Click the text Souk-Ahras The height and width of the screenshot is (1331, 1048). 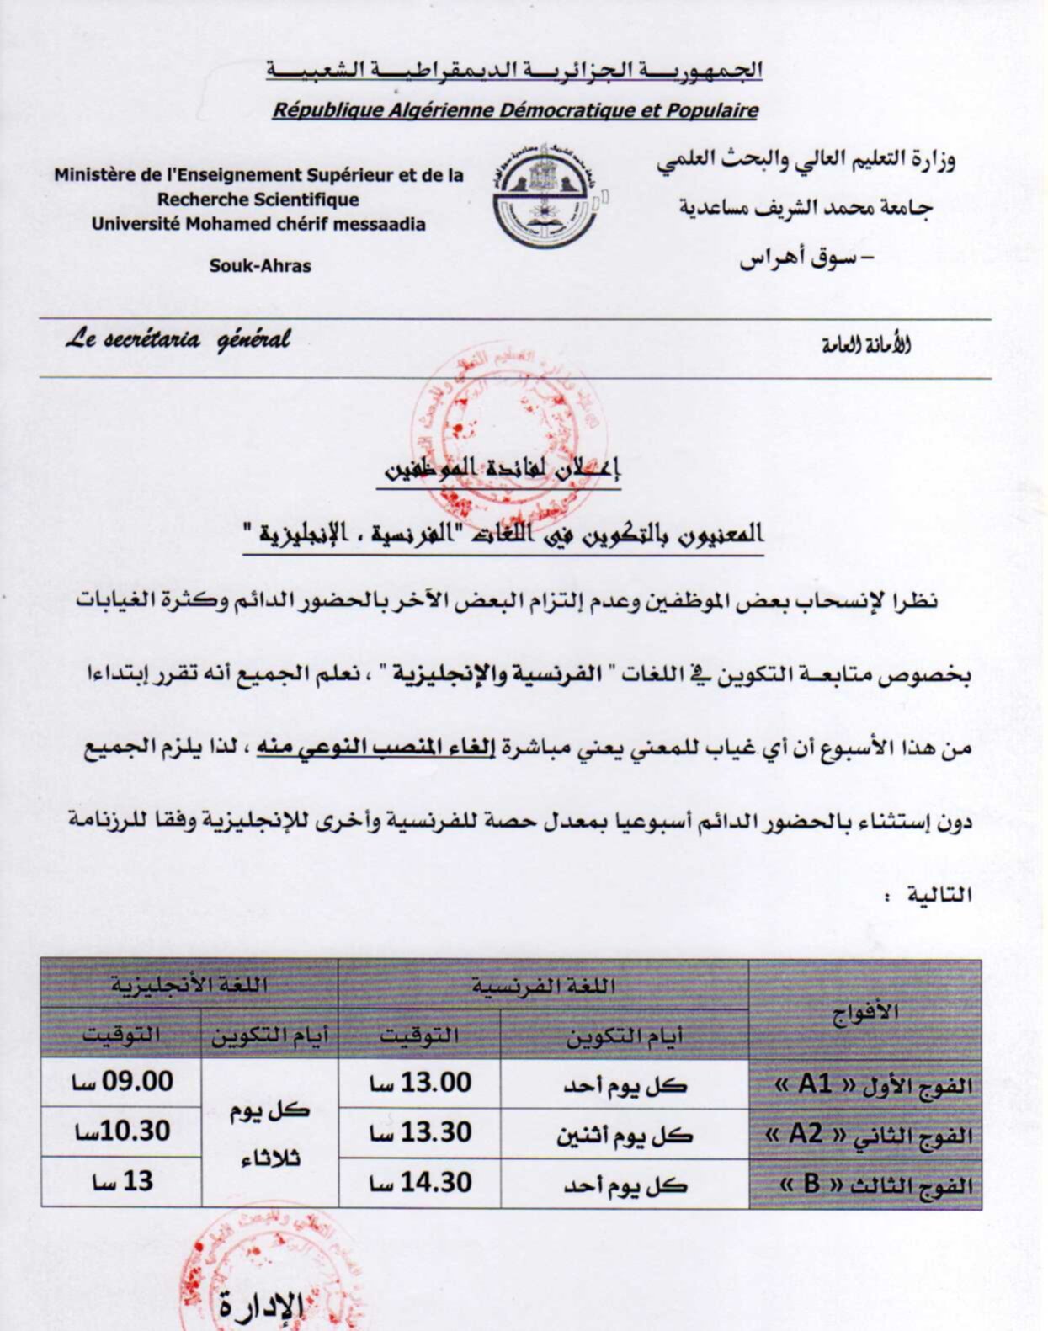(x=260, y=266)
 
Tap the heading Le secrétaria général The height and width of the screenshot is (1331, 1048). (x=178, y=340)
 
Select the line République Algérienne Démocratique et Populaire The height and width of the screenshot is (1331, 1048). (x=515, y=110)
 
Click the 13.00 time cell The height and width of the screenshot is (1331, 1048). (x=419, y=1083)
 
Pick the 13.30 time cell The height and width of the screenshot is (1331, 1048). (x=419, y=1133)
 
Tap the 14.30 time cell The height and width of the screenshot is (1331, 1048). (x=419, y=1183)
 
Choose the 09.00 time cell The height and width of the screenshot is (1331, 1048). (x=121, y=1082)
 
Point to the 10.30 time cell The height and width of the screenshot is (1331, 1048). (x=121, y=1131)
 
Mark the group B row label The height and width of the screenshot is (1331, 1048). (x=875, y=1185)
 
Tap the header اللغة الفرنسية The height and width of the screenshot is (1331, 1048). (x=543, y=985)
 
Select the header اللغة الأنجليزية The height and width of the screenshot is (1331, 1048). (x=189, y=984)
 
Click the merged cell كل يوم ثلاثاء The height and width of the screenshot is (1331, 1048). (x=270, y=1133)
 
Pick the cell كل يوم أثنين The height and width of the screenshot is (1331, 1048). (x=624, y=1135)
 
